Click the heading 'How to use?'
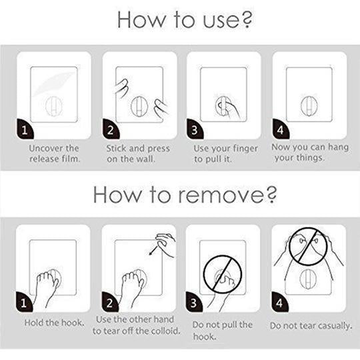pyautogui.click(x=185, y=19)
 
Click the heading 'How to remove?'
pyautogui.click(x=185, y=195)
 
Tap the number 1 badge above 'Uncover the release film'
pyautogui.click(x=25, y=129)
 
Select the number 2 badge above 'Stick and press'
pyautogui.click(x=111, y=129)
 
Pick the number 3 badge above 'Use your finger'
pyautogui.click(x=195, y=129)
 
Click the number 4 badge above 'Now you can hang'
pyautogui.click(x=281, y=129)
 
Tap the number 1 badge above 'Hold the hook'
pyautogui.click(x=24, y=303)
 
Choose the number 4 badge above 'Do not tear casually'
pyautogui.click(x=279, y=303)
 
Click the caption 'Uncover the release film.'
pyautogui.click(x=55, y=153)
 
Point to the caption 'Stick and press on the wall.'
pyautogui.click(x=138, y=153)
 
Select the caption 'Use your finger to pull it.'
pyautogui.click(x=226, y=154)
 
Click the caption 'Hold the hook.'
pyautogui.click(x=55, y=323)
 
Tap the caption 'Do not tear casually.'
pyautogui.click(x=311, y=325)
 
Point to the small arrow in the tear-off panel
pyautogui.click(x=153, y=250)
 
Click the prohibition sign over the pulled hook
pyautogui.click(x=223, y=275)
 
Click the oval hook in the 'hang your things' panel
pyautogui.click(x=309, y=106)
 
